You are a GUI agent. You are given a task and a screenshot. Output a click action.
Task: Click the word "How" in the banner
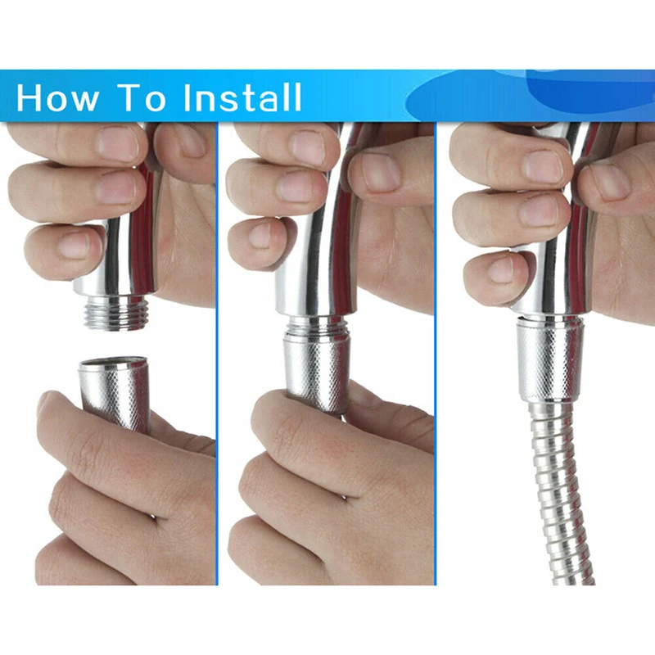[57, 97]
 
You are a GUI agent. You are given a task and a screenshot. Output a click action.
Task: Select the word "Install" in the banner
[242, 97]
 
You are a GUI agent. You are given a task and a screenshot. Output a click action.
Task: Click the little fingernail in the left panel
[75, 246]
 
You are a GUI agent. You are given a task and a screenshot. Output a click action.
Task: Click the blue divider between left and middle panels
[218, 353]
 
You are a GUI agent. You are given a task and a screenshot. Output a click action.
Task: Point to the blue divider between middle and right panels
[435, 353]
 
